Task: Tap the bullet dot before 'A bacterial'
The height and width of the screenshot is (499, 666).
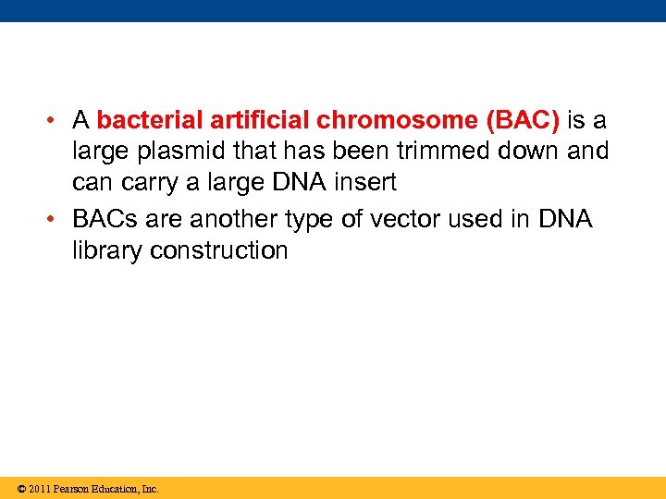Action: coord(55,121)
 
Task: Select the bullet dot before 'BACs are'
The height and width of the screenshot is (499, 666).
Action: coord(55,220)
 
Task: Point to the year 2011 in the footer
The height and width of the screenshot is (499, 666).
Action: coord(39,489)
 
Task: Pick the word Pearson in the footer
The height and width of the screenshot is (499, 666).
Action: coord(71,489)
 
